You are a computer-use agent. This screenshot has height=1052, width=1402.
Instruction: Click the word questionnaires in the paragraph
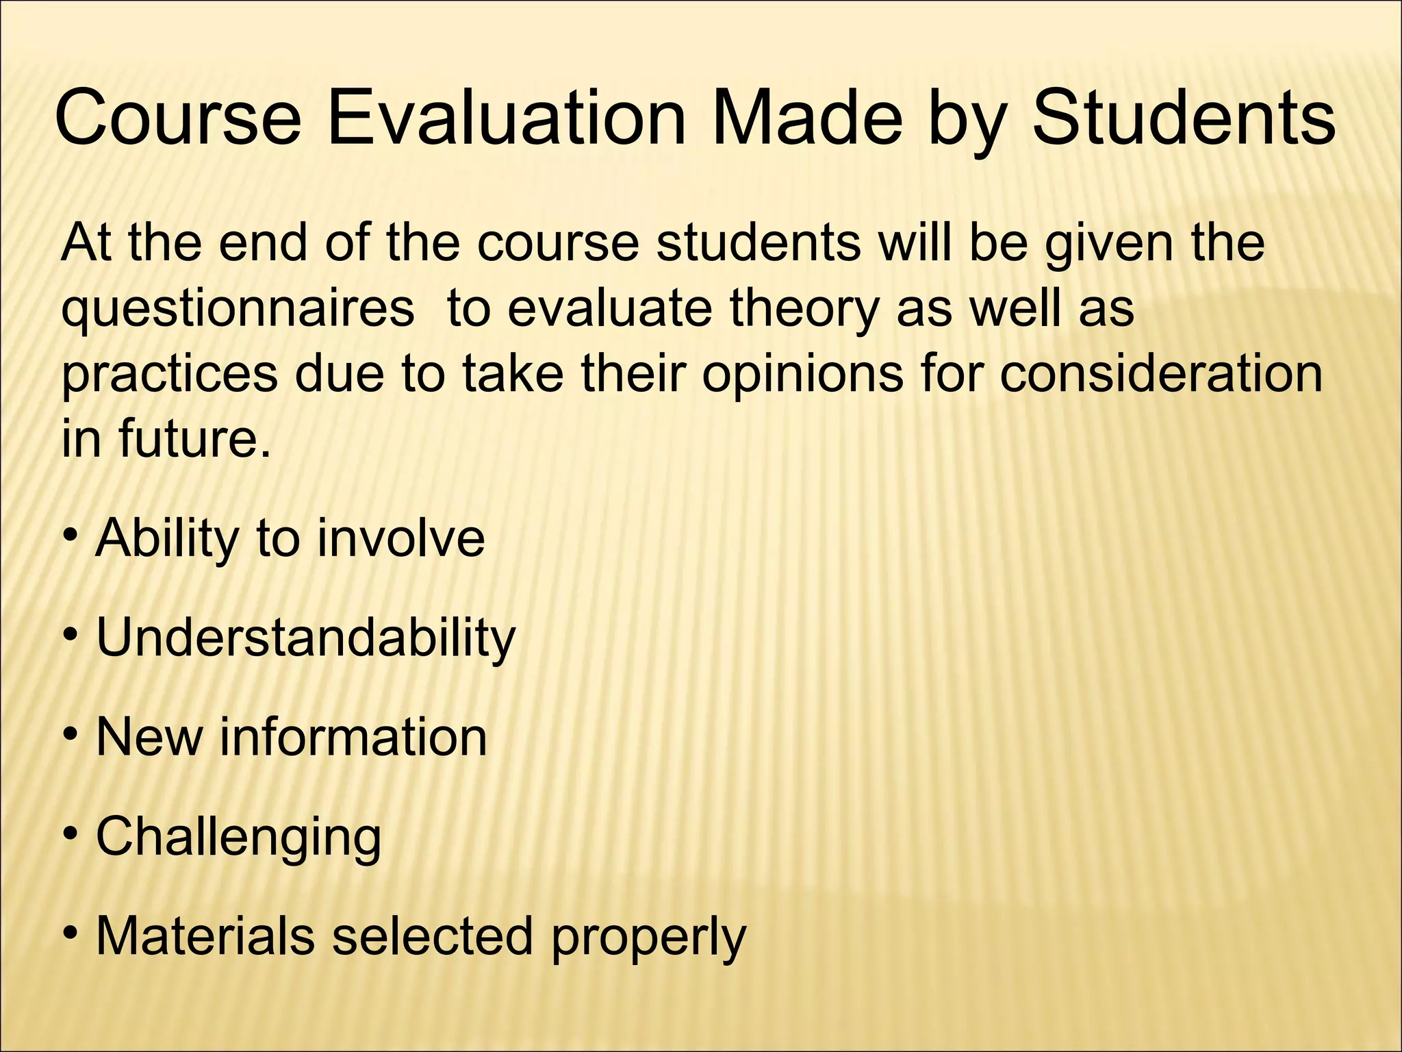click(238, 310)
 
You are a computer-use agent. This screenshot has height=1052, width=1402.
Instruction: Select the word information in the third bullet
click(353, 738)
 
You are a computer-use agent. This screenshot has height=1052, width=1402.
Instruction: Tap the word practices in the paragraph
click(170, 375)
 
